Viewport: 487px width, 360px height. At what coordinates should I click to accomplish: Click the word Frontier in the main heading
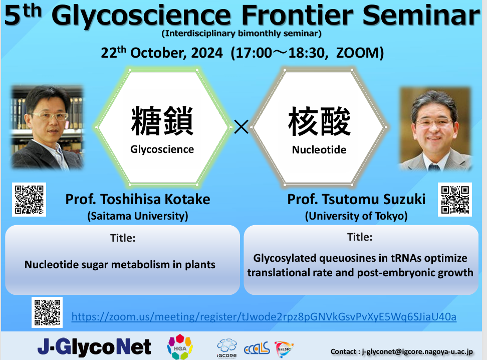click(297, 15)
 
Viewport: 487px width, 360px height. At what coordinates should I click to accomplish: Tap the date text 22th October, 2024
click(162, 52)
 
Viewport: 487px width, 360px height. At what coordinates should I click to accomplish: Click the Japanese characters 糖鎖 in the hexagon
click(162, 121)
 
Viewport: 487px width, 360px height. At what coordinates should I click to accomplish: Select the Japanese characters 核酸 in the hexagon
click(319, 121)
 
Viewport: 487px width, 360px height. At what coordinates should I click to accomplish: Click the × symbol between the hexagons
click(241, 127)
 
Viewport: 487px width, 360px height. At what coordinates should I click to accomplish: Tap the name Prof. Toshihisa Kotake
click(138, 199)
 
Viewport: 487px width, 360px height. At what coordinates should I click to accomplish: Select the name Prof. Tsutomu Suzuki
click(356, 199)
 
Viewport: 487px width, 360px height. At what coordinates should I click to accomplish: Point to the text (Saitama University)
click(138, 216)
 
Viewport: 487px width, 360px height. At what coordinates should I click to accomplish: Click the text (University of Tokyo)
click(356, 216)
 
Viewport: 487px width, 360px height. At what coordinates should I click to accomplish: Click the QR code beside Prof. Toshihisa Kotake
click(29, 200)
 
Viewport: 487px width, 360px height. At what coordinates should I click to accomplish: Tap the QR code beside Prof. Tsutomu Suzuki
click(455, 200)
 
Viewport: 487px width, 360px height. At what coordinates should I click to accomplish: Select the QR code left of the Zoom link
click(47, 312)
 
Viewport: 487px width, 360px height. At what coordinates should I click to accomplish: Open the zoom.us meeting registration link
click(264, 317)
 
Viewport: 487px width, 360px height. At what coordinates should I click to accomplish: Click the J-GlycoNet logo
click(94, 347)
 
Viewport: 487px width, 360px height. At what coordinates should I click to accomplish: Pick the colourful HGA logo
click(180, 346)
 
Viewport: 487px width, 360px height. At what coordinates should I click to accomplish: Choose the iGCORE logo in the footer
click(227, 348)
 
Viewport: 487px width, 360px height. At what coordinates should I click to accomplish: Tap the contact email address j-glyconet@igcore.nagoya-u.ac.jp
click(417, 351)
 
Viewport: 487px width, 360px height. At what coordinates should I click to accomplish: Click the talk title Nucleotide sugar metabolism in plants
click(120, 265)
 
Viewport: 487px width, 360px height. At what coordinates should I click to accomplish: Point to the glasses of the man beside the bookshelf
click(50, 116)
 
